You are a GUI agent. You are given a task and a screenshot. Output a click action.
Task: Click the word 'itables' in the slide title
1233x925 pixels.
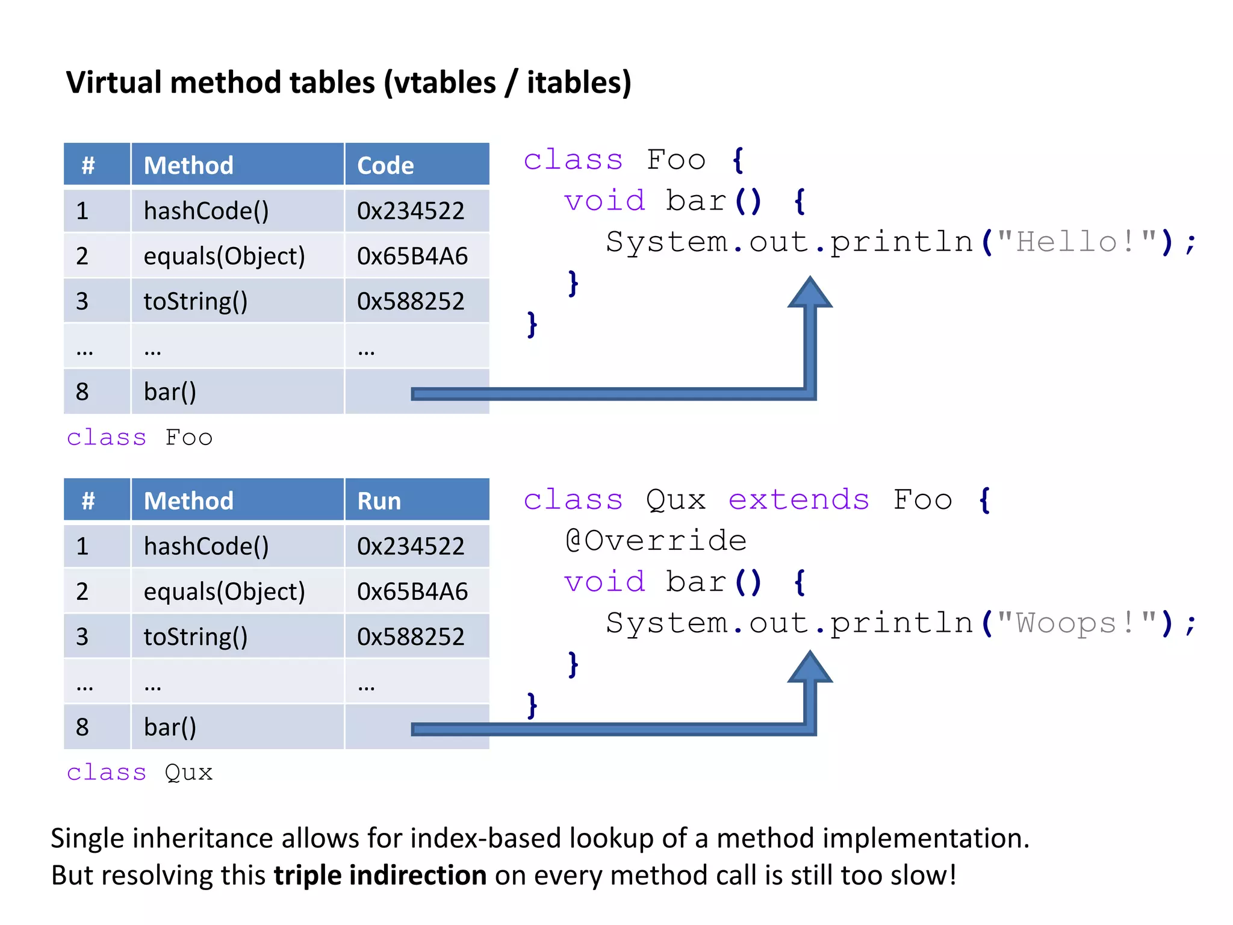(x=572, y=83)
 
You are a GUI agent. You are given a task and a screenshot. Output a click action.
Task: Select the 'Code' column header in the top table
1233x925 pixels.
(x=385, y=165)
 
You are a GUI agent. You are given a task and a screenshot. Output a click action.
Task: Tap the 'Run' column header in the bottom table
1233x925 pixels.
(x=379, y=500)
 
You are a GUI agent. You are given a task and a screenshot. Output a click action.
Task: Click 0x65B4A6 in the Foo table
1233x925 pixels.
(x=412, y=256)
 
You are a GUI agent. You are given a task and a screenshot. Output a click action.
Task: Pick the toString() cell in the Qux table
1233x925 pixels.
(x=196, y=637)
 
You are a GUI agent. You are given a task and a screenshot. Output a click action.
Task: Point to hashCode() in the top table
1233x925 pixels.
(x=206, y=211)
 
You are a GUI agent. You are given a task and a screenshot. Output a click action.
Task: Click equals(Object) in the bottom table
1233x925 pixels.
(x=224, y=591)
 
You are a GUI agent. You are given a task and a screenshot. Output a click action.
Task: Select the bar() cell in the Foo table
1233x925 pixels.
(x=170, y=391)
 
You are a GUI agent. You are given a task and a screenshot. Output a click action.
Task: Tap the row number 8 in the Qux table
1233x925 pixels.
(x=82, y=727)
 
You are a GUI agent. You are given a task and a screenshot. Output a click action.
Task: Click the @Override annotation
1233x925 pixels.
(x=656, y=540)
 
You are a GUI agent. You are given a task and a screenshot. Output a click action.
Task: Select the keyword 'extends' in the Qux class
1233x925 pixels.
(x=798, y=500)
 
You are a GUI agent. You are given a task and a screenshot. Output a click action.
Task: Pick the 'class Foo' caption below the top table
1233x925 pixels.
(x=140, y=437)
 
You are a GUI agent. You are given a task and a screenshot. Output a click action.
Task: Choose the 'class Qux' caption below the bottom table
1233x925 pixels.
(x=140, y=772)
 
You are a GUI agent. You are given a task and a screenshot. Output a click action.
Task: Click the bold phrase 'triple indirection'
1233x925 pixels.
(x=380, y=875)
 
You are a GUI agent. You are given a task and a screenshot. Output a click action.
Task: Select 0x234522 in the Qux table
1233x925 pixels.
(x=411, y=546)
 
